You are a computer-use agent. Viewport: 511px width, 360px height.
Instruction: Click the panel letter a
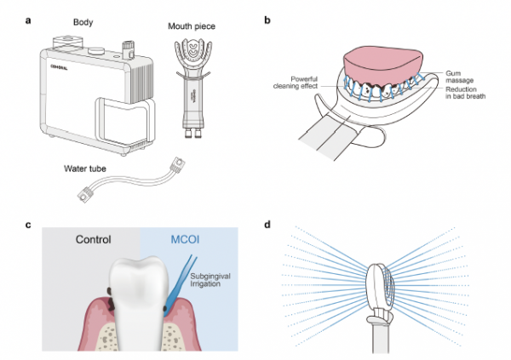point(28,20)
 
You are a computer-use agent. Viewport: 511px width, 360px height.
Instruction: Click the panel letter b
point(267,20)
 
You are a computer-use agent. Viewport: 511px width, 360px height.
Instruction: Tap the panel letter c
point(28,225)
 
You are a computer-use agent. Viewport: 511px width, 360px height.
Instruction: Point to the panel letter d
point(267,225)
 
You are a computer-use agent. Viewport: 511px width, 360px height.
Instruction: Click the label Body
point(83,22)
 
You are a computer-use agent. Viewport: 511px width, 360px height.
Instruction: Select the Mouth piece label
point(192,26)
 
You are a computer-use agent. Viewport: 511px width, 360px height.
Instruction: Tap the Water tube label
point(85,169)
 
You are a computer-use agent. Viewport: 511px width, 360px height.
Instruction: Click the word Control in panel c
point(94,239)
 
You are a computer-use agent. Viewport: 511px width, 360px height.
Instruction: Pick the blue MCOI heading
point(185,239)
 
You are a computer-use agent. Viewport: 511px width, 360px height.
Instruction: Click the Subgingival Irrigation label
point(210,280)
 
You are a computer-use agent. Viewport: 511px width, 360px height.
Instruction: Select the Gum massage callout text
point(460,77)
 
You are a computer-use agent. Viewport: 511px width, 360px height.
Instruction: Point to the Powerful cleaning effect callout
point(296,83)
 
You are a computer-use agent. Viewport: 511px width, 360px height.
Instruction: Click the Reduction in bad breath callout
point(465,93)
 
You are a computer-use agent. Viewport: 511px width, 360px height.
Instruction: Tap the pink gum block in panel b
point(383,66)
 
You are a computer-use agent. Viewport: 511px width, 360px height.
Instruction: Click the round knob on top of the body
point(96,51)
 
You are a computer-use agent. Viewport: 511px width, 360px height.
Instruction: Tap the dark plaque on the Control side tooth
point(110,299)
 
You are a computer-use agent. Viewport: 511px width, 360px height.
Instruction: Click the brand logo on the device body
point(59,67)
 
